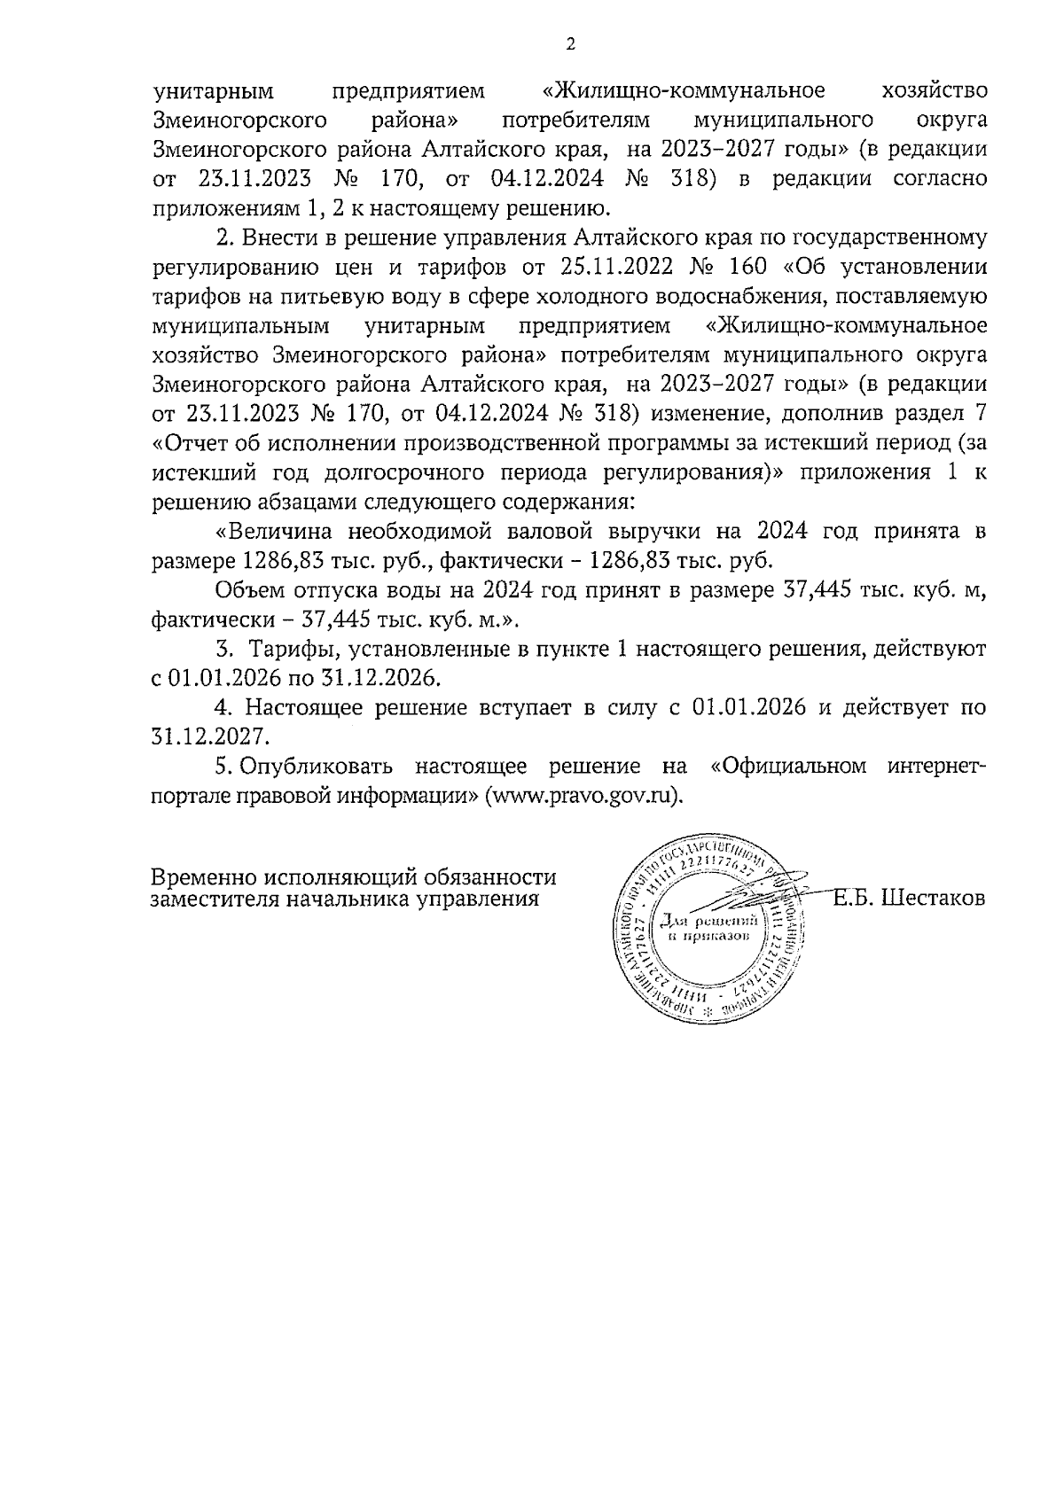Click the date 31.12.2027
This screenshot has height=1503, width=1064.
point(210,736)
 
